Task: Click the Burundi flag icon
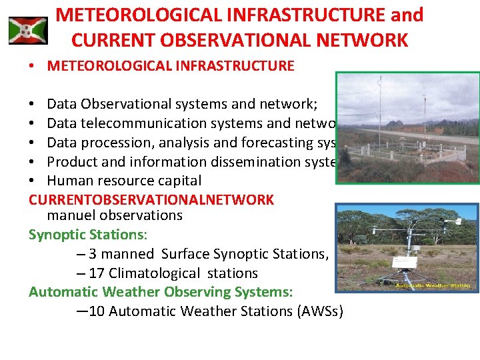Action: tap(28, 31)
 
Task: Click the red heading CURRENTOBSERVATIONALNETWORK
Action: tap(151, 200)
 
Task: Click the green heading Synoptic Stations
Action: tap(87, 235)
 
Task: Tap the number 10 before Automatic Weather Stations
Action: tap(97, 311)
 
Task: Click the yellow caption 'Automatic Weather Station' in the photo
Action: tap(433, 286)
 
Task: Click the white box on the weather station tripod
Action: tap(403, 263)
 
